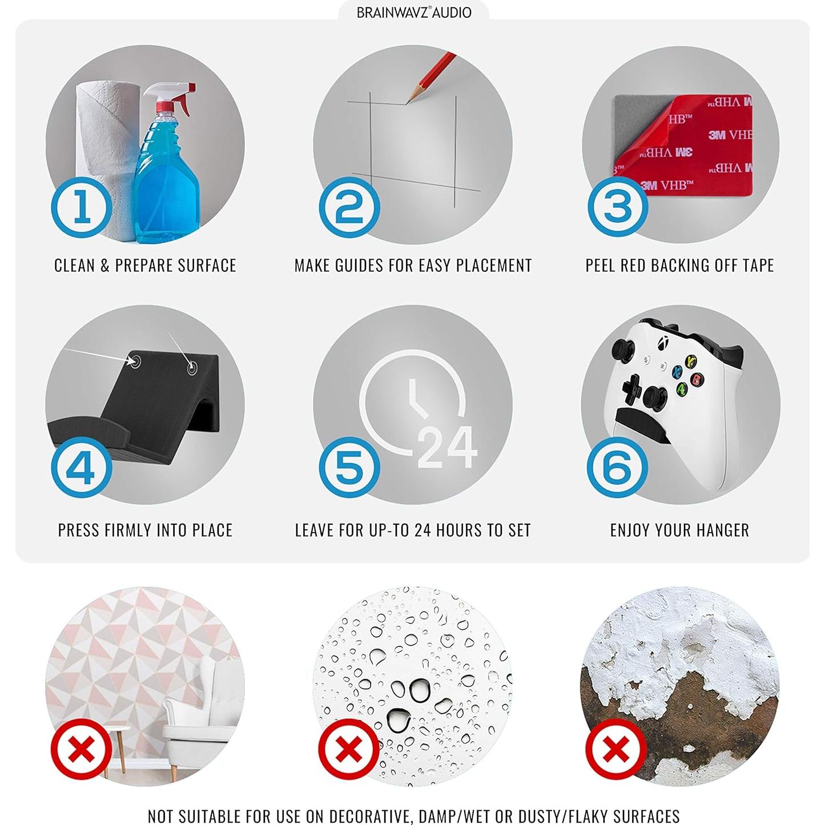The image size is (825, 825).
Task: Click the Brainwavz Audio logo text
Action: [413, 13]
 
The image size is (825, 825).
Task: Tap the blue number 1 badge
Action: [82, 207]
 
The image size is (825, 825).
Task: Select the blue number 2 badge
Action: [349, 207]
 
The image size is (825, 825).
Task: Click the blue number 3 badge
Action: [617, 207]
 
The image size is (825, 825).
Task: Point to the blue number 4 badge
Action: [82, 467]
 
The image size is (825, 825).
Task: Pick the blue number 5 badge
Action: [349, 467]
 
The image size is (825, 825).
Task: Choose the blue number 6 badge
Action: [617, 467]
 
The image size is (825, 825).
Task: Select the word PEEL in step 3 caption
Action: [600, 265]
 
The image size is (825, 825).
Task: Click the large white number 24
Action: [447, 447]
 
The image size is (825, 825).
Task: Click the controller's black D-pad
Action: [631, 388]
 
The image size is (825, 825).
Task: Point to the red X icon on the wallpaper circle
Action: [82, 751]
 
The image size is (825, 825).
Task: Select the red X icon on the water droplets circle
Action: [349, 751]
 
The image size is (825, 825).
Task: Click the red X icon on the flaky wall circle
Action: [617, 751]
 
